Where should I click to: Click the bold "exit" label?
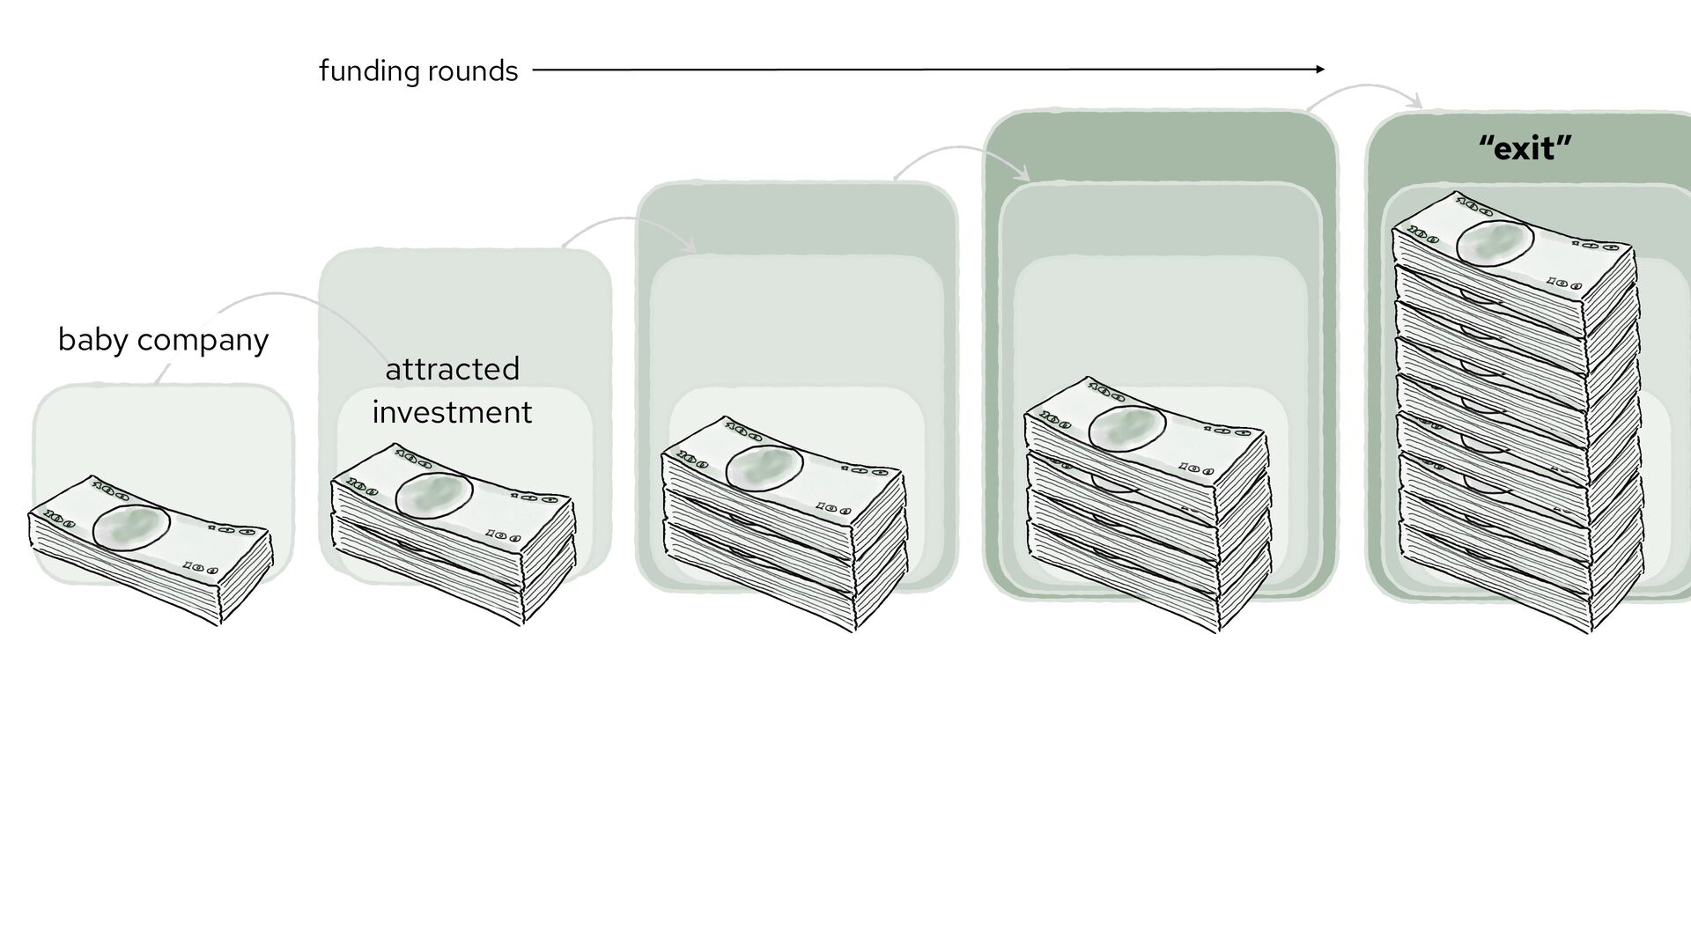click(1525, 149)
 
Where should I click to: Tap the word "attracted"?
click(452, 369)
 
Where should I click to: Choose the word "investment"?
click(452, 412)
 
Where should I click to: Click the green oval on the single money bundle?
click(131, 527)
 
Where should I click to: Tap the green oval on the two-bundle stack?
click(434, 494)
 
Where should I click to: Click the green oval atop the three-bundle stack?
click(764, 466)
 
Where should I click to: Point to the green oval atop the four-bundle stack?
click(1127, 429)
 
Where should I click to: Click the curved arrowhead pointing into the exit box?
click(1416, 104)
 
